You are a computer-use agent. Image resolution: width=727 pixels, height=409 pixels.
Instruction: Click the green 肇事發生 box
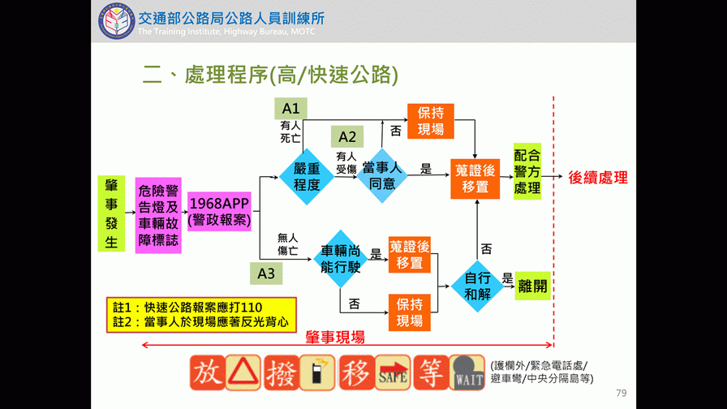tap(111, 213)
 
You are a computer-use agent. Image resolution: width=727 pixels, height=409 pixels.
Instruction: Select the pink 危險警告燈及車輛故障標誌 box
tap(158, 215)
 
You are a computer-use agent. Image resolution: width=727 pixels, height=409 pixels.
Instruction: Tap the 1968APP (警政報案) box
tap(219, 211)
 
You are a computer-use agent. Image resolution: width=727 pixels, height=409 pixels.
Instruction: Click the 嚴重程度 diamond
tap(307, 176)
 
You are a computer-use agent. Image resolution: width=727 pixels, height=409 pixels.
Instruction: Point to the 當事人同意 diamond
tap(381, 176)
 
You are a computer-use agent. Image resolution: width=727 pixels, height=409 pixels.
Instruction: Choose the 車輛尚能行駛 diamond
tap(341, 259)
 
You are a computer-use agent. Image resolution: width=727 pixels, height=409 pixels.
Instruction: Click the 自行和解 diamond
tap(477, 286)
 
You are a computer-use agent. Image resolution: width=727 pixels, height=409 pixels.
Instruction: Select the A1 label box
tap(290, 109)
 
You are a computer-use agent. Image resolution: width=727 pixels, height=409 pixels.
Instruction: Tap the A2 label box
tap(347, 136)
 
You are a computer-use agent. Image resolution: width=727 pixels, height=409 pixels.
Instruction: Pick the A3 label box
tap(266, 273)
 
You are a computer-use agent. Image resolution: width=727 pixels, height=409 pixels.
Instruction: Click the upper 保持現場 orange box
tap(430, 121)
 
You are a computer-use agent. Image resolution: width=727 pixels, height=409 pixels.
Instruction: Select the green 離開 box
tap(532, 286)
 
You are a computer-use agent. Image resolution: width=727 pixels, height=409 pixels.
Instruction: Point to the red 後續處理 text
tap(598, 178)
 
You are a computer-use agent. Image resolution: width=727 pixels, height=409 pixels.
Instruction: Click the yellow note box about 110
tap(201, 315)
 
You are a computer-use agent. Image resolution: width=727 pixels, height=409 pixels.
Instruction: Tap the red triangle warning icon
tap(243, 373)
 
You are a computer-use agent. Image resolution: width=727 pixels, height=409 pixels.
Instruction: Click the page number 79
tap(622, 393)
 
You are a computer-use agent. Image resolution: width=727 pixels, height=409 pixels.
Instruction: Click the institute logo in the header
tap(117, 22)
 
